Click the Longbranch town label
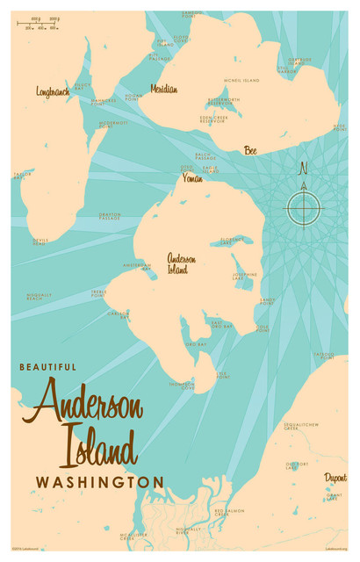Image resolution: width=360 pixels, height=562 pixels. tap(53, 90)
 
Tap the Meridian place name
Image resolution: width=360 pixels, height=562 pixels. tap(163, 89)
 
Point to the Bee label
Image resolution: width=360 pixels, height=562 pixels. tap(250, 149)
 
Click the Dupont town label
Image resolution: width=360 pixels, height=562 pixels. tap(335, 477)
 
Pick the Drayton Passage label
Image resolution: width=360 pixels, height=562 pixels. tap(110, 215)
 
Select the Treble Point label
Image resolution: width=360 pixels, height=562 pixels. tap(98, 293)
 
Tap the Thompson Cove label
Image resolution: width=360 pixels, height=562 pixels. tap(181, 384)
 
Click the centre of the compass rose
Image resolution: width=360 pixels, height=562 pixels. tap(304, 209)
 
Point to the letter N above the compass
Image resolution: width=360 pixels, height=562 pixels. tap(304, 168)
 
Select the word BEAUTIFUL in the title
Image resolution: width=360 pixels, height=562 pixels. tap(47, 366)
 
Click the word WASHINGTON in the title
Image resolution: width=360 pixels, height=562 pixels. tap(99, 482)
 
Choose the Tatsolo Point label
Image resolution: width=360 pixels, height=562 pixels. tap(325, 356)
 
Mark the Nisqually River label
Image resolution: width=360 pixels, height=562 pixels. tap(189, 530)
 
